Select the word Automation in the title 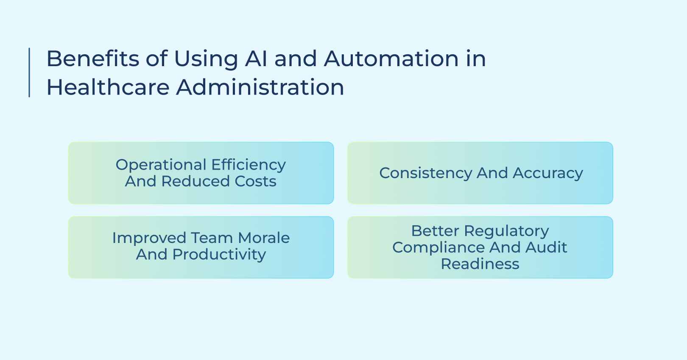tap(391, 59)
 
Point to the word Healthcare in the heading tap(108, 87)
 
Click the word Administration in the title tap(260, 87)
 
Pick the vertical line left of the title tap(29, 73)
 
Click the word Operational tap(161, 165)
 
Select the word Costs tap(255, 181)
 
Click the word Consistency tap(425, 173)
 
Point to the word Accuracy tap(548, 173)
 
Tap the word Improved tap(149, 238)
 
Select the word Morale tap(264, 238)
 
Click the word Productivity tap(219, 255)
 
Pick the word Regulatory tap(506, 232)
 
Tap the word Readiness tap(480, 264)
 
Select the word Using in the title tap(206, 59)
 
